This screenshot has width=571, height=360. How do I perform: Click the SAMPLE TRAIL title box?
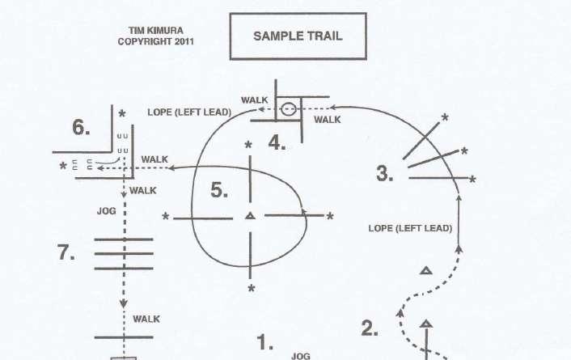(298, 36)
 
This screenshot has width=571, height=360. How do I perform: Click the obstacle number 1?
(265, 343)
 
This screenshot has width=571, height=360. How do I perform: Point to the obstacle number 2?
(369, 328)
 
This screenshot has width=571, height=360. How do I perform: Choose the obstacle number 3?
(385, 173)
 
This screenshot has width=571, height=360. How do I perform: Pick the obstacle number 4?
(277, 143)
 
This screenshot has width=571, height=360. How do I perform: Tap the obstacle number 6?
(81, 128)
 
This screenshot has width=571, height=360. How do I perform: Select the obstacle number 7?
(67, 252)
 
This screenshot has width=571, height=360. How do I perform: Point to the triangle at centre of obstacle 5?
(250, 215)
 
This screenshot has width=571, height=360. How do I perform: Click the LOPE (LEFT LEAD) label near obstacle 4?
(189, 112)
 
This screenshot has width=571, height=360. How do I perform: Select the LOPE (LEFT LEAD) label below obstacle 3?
(409, 229)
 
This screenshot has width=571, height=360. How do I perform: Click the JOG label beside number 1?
(300, 354)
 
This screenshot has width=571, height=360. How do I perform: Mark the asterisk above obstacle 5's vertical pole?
(249, 145)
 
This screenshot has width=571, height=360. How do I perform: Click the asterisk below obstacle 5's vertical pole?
(251, 288)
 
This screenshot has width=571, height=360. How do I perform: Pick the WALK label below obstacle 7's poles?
(146, 319)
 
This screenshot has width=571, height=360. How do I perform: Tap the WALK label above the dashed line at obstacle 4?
(254, 100)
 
